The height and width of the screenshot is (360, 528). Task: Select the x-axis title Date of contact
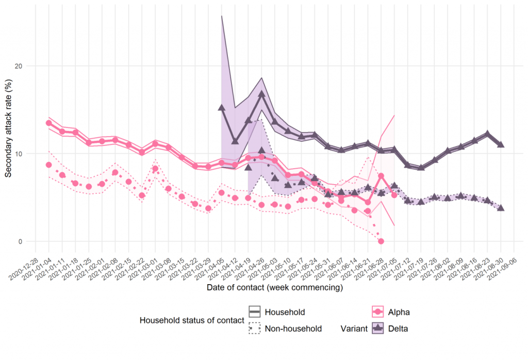click(274, 287)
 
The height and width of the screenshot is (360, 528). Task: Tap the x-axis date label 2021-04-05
click(211, 266)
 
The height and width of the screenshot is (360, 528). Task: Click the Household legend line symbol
click(254, 312)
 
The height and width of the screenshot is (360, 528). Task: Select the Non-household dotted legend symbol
click(254, 329)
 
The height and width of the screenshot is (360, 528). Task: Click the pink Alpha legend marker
click(379, 312)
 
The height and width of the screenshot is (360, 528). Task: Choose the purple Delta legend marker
click(379, 329)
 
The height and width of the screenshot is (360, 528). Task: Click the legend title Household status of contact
click(192, 320)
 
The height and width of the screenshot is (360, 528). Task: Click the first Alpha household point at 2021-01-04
click(49, 123)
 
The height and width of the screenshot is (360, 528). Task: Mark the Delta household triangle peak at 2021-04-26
click(261, 94)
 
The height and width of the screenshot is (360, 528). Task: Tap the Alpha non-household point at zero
click(381, 241)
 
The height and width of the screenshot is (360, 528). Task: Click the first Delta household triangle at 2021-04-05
click(222, 108)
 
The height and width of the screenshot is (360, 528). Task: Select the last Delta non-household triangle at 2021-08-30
click(500, 208)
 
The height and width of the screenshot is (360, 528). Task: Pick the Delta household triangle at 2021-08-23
click(487, 134)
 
